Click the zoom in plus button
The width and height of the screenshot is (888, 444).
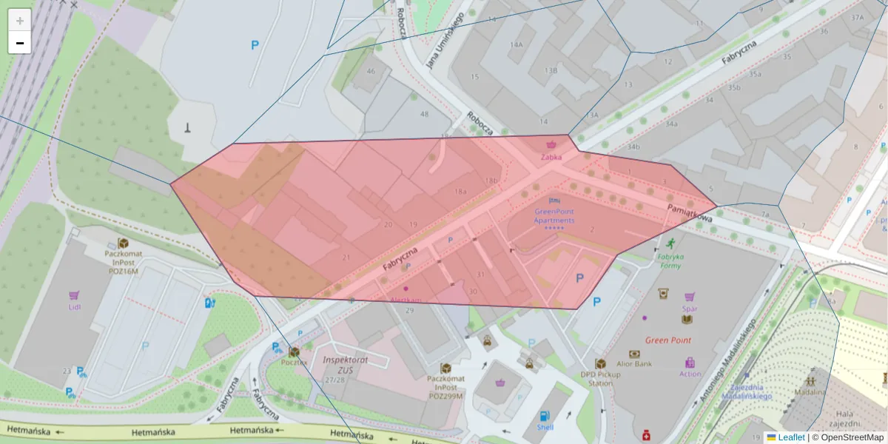[20, 21]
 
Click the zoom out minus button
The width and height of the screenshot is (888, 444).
[20, 43]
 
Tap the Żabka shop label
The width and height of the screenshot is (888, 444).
[551, 157]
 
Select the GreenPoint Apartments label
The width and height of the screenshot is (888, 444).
[554, 216]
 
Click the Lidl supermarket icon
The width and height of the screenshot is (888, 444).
[74, 295]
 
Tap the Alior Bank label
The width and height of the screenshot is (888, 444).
[633, 363]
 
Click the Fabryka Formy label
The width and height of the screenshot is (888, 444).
[669, 260]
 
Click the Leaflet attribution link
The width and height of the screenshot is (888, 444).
[790, 437]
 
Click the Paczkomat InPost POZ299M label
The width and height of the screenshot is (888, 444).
[445, 386]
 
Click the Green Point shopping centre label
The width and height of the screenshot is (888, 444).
[667, 340]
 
